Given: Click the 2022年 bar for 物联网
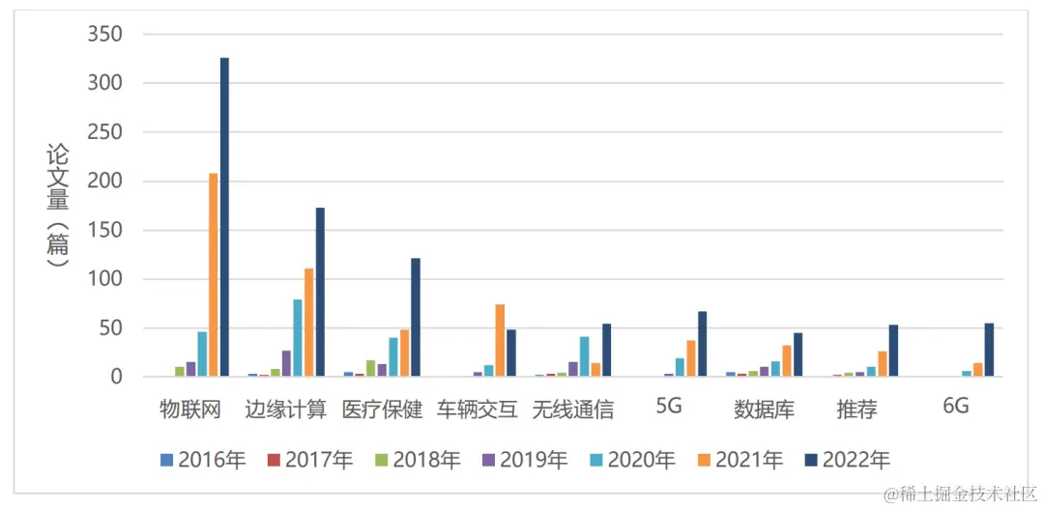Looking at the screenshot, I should [224, 217].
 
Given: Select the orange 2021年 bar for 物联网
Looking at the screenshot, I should [213, 275].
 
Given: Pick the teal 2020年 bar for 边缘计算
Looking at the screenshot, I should [298, 338].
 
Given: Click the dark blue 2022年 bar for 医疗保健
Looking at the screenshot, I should [416, 317].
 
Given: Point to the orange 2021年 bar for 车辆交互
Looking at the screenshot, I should [500, 340].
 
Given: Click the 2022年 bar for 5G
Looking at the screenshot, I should [703, 344].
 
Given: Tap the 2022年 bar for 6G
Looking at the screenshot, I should [989, 350].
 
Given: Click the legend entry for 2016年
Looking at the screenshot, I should [203, 461].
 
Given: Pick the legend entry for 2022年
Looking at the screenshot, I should [847, 461].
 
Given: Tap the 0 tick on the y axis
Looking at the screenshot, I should [116, 378].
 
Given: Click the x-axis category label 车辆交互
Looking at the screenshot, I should [478, 410].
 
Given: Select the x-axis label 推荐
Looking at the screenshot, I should [856, 410].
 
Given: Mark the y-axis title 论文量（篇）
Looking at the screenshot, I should [57, 205].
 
